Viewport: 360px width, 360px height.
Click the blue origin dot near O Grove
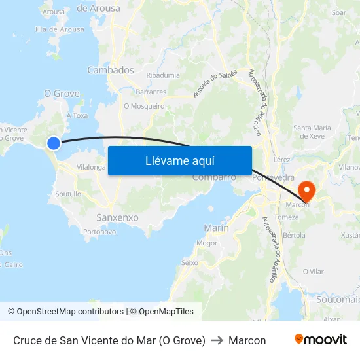pos(54,143)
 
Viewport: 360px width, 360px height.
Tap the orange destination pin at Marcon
pos(306,190)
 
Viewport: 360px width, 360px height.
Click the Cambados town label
pos(110,70)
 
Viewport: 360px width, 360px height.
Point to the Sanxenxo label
pos(117,217)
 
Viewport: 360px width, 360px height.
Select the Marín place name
pos(216,228)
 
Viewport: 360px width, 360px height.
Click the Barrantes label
pos(151,92)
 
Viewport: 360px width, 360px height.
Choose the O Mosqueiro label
pos(144,105)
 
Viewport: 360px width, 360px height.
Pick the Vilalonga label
pos(91,168)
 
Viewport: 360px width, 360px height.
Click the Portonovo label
pos(99,232)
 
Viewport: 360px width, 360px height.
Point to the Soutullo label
pos(68,194)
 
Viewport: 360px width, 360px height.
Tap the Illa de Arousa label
pos(60,29)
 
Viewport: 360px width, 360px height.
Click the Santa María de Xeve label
pos(313,132)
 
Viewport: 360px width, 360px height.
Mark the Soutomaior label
pos(338,299)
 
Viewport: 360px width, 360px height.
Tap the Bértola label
pos(294,235)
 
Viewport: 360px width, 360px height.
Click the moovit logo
pos(320,340)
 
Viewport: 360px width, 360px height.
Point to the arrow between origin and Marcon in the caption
pos(217,340)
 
